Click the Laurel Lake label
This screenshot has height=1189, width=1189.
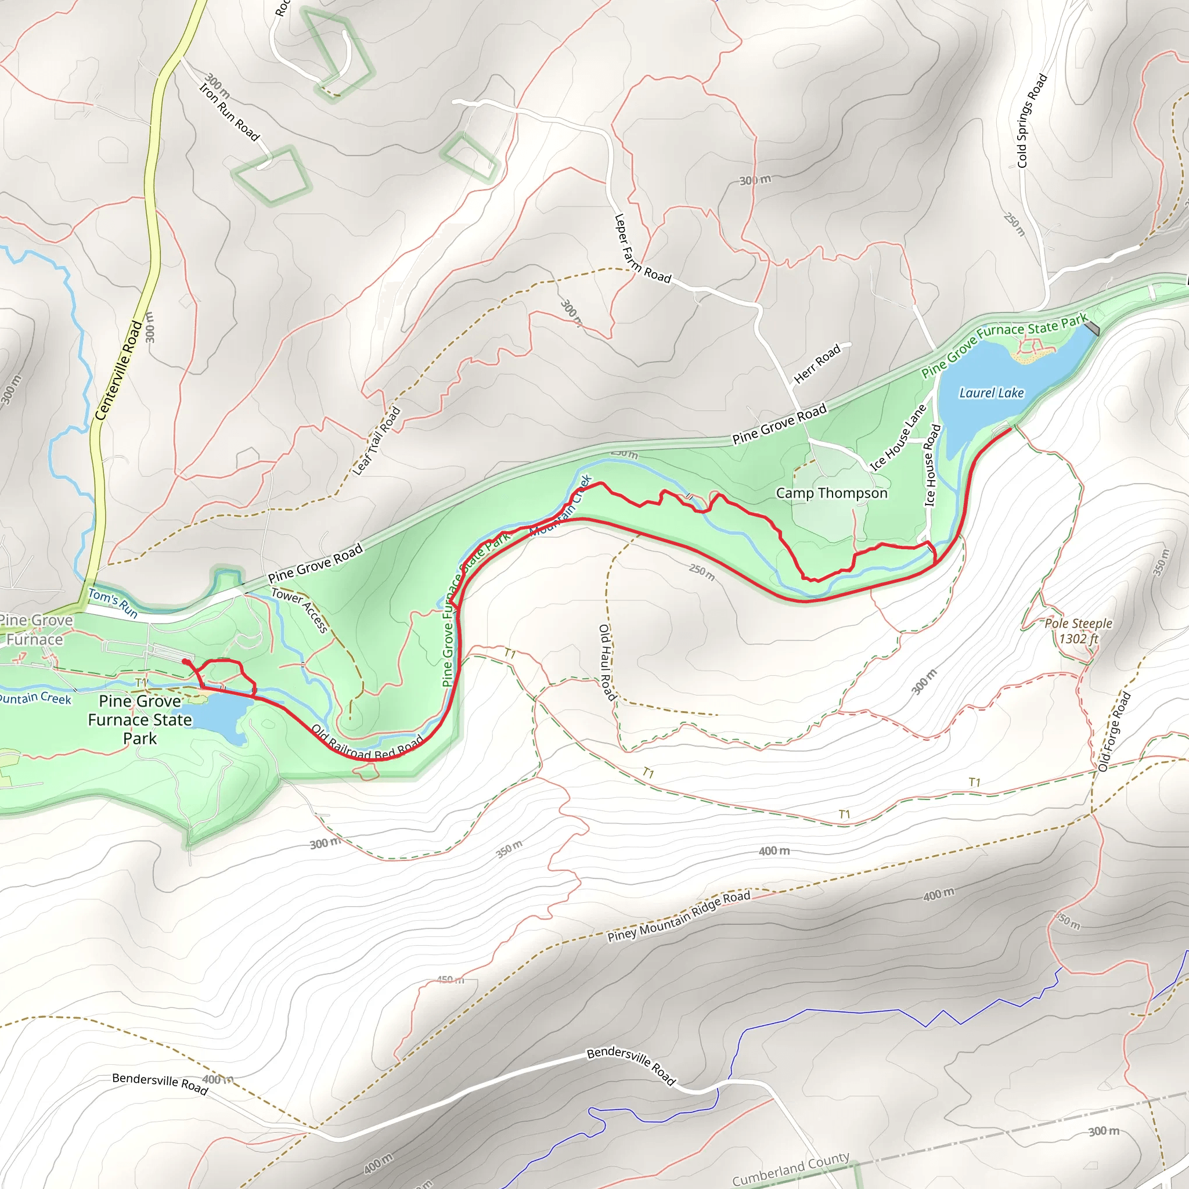(991, 392)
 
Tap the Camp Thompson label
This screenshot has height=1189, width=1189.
(831, 493)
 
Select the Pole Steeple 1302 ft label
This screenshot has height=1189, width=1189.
(1078, 631)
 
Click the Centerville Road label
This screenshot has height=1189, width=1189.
(119, 371)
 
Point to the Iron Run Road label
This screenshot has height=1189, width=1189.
(229, 111)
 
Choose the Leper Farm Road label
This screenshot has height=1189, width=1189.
(642, 248)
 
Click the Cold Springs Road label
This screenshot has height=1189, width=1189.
(1032, 121)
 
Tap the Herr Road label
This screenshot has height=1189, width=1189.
(817, 365)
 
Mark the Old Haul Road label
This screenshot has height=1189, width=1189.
(607, 662)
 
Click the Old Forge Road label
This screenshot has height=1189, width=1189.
(1115, 732)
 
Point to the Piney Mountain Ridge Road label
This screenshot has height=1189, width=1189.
(679, 916)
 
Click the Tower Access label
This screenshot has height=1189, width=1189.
(300, 610)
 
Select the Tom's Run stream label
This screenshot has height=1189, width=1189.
(113, 603)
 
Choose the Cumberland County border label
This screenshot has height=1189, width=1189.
(791, 1169)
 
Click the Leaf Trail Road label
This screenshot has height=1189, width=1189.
(377, 441)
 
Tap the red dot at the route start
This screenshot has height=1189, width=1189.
(185, 662)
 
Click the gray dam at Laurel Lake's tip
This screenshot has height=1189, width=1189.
(1092, 328)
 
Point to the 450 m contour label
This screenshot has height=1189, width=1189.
(451, 979)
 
